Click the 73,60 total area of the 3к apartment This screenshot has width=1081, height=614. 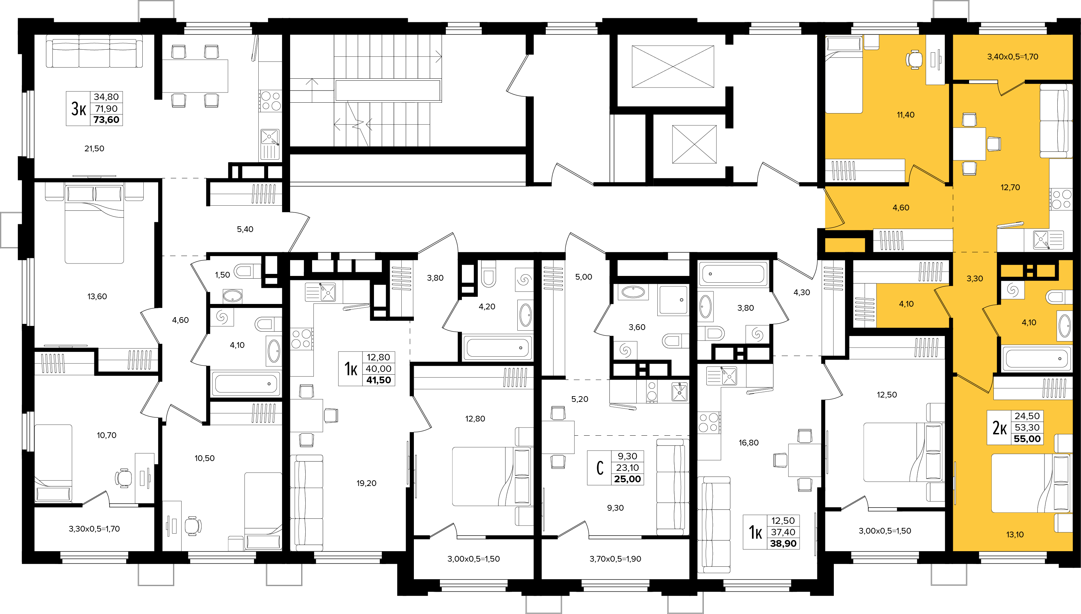coord(107,120)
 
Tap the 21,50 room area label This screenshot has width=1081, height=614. coord(94,149)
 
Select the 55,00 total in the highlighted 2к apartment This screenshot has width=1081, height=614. coord(1027,439)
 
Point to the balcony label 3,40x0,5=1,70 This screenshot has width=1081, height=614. coord(1012,56)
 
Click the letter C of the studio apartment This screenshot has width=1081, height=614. coord(600,468)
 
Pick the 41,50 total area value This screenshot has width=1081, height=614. coord(379,380)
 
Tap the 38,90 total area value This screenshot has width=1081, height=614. coord(783,543)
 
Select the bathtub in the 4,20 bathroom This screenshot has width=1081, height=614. coord(497,348)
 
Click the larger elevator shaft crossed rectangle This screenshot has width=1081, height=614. coord(673,67)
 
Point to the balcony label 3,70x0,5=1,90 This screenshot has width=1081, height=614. coord(615,559)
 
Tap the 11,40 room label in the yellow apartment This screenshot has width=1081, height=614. coord(906,115)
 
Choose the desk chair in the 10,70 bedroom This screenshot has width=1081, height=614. coord(123,478)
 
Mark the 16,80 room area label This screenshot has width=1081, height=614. coord(748,443)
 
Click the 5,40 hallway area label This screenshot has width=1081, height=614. coord(245,229)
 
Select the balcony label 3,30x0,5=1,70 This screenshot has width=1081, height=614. coord(94,529)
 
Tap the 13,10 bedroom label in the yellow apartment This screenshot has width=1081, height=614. coord(1015,535)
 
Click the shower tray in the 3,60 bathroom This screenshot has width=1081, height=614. coord(673,300)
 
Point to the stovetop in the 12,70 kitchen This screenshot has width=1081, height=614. coord(1061,199)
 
